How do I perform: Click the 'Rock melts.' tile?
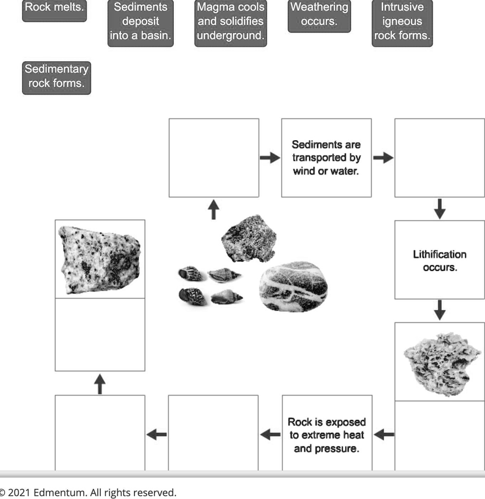pos(54,8)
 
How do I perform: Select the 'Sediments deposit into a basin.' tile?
pos(140,22)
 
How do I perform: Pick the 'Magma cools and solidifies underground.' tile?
pos(230,22)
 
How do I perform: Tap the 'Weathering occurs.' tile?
pos(319,15)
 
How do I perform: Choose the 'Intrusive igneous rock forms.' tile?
pos(402,22)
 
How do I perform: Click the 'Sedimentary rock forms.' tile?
pos(56,77)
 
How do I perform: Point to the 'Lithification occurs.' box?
pos(439,260)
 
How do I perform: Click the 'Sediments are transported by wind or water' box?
pos(326,158)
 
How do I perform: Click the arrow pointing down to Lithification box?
pos(440,209)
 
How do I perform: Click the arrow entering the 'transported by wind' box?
pos(269,158)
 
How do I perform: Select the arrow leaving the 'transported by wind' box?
pos(383,158)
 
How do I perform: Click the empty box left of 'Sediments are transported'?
pos(213,158)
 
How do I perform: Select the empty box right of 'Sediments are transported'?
pos(439,158)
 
